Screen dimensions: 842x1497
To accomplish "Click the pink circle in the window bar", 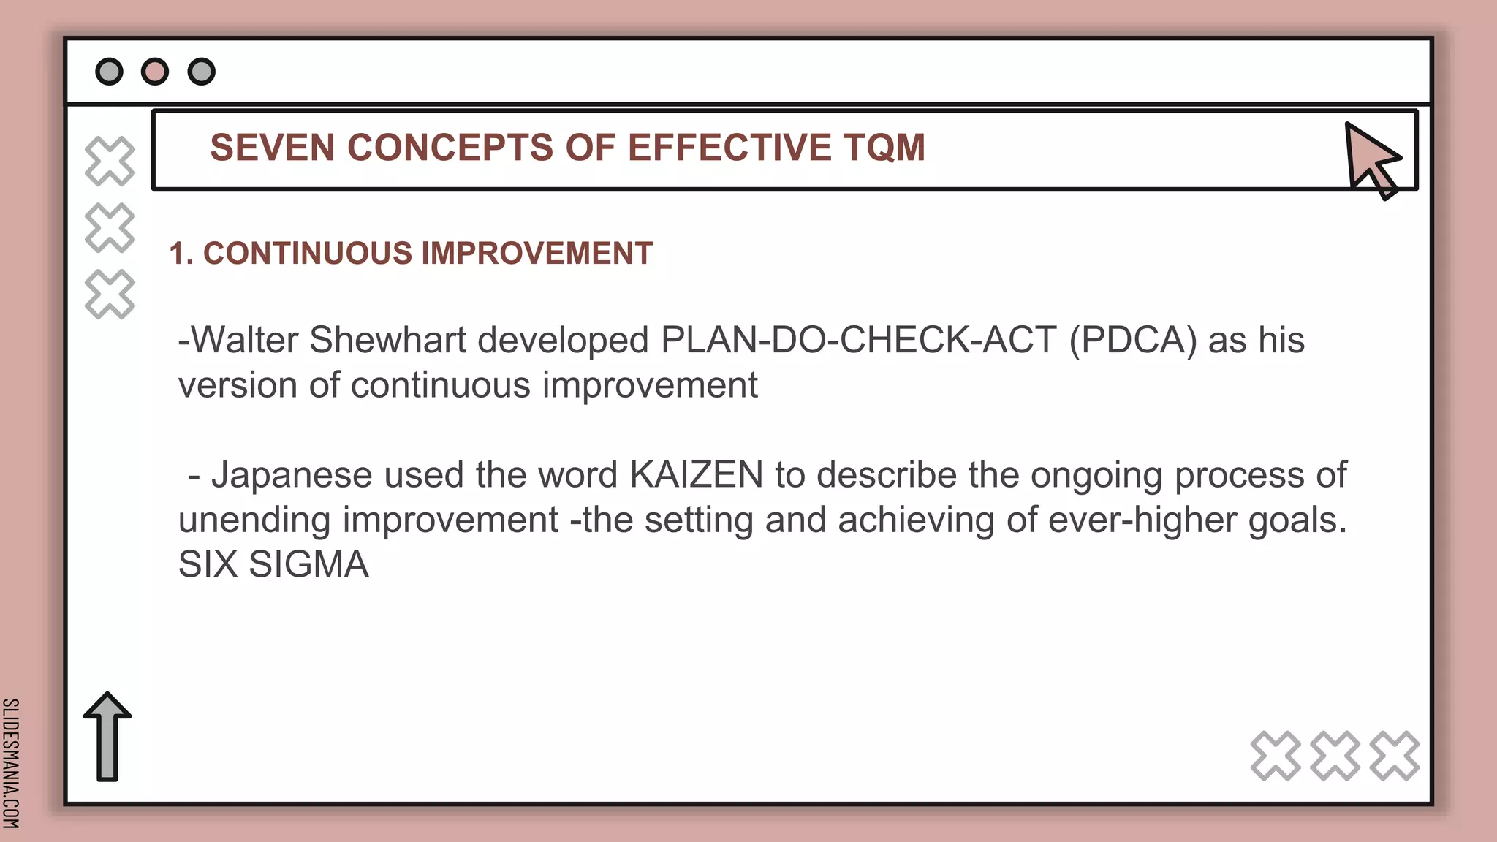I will coord(155,72).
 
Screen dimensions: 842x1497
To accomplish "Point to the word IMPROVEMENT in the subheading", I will coord(537,254).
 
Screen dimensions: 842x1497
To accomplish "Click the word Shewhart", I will coord(387,340).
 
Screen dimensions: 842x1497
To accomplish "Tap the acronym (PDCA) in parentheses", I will coord(1133,340).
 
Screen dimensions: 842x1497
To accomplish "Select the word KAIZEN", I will coord(696,475).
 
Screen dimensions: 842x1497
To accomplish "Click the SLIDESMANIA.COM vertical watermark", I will coord(10,763).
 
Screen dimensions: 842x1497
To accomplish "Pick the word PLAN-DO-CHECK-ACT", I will coord(858,340).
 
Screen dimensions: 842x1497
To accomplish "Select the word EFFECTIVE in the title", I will coord(729,148).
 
